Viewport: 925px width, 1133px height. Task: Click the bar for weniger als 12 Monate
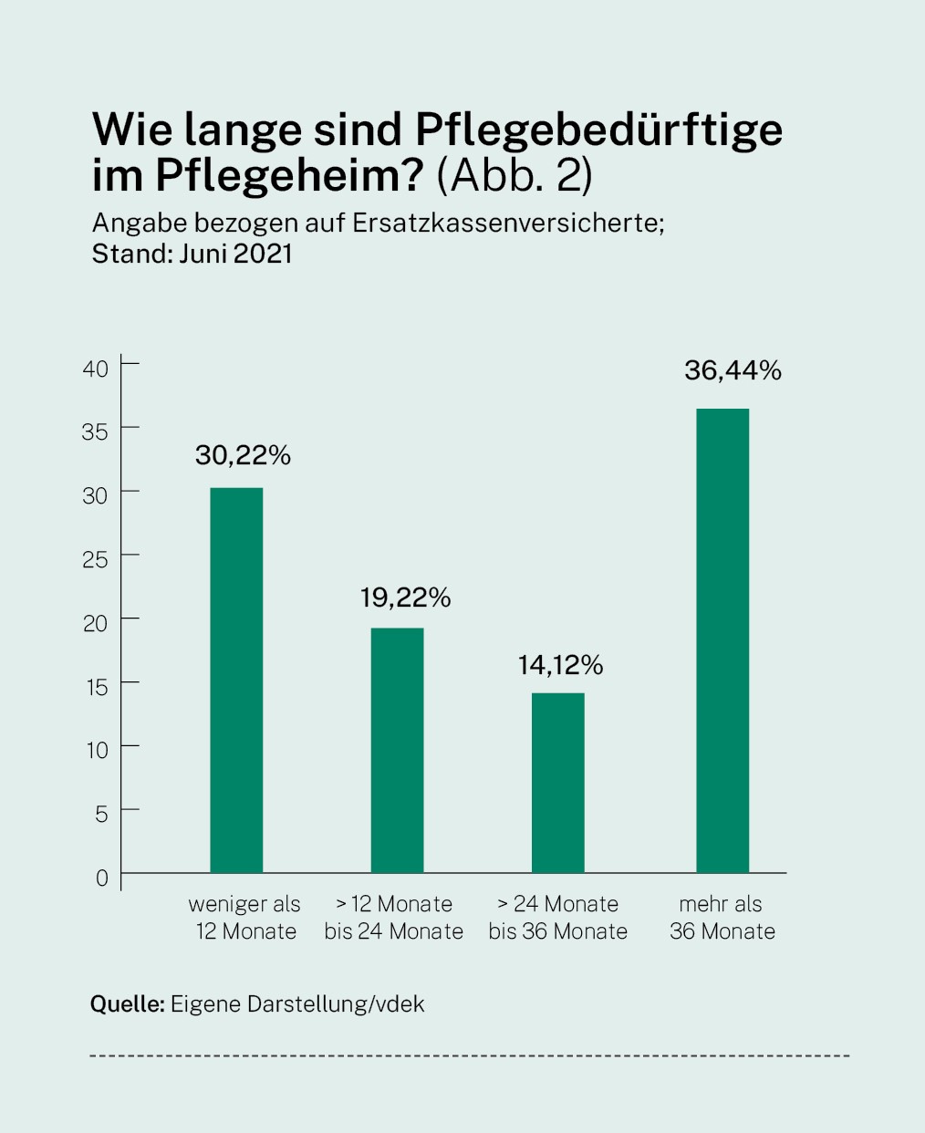click(x=236, y=680)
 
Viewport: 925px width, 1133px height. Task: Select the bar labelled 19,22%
click(x=397, y=750)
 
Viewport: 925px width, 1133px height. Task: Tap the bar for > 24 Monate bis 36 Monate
click(x=558, y=783)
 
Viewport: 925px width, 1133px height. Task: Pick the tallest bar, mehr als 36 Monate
click(x=722, y=640)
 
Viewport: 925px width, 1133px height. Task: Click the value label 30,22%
click(x=243, y=455)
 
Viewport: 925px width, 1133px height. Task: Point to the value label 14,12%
click(x=560, y=665)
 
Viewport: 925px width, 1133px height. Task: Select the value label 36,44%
click(x=733, y=370)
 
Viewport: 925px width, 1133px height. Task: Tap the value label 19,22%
click(x=405, y=598)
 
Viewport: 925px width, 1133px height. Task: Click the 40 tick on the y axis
click(x=96, y=369)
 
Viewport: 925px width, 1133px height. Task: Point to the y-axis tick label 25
click(x=96, y=559)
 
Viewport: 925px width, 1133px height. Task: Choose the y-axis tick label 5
click(x=101, y=814)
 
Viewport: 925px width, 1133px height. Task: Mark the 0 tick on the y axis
click(x=101, y=878)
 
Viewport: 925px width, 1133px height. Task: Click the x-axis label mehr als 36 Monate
click(x=722, y=918)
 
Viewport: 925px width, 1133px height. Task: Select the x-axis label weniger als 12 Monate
click(x=244, y=918)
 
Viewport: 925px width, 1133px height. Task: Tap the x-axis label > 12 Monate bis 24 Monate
click(x=394, y=918)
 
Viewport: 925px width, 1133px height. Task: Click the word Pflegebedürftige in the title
click(x=599, y=130)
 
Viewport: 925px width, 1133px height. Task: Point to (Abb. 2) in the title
click(x=514, y=175)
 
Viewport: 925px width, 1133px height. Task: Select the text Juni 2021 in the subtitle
click(x=235, y=254)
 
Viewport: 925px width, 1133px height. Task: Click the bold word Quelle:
click(x=127, y=1004)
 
